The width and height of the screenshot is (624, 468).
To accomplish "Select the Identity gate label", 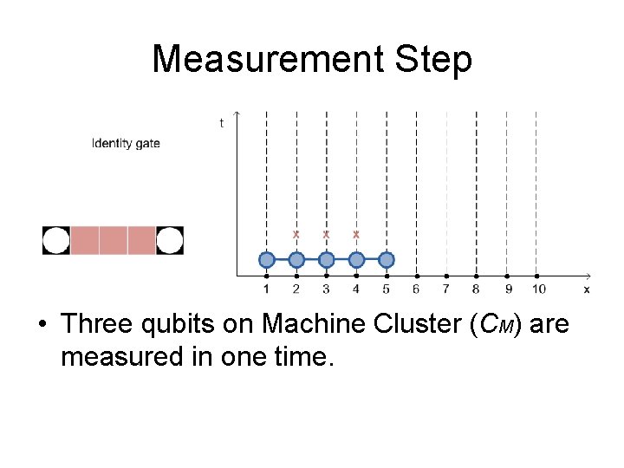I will click(126, 143).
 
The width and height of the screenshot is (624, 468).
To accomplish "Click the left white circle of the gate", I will click(56, 240).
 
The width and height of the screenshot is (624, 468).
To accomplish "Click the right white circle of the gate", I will click(170, 240).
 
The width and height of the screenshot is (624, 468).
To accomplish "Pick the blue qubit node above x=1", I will click(267, 259).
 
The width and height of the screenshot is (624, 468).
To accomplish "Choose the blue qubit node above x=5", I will click(387, 259).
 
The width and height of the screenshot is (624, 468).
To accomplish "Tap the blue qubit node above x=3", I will click(326, 259).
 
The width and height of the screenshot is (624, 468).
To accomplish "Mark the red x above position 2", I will click(296, 234).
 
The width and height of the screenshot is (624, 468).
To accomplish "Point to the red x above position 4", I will click(356, 234).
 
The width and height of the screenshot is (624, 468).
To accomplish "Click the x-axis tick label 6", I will click(416, 289).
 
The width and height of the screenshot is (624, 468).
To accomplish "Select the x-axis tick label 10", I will click(538, 289).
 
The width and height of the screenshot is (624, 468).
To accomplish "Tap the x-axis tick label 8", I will click(476, 289).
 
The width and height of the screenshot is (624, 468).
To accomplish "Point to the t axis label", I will click(221, 123).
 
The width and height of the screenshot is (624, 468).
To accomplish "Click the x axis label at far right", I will click(587, 289).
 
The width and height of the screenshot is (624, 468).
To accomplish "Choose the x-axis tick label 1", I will click(266, 289).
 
